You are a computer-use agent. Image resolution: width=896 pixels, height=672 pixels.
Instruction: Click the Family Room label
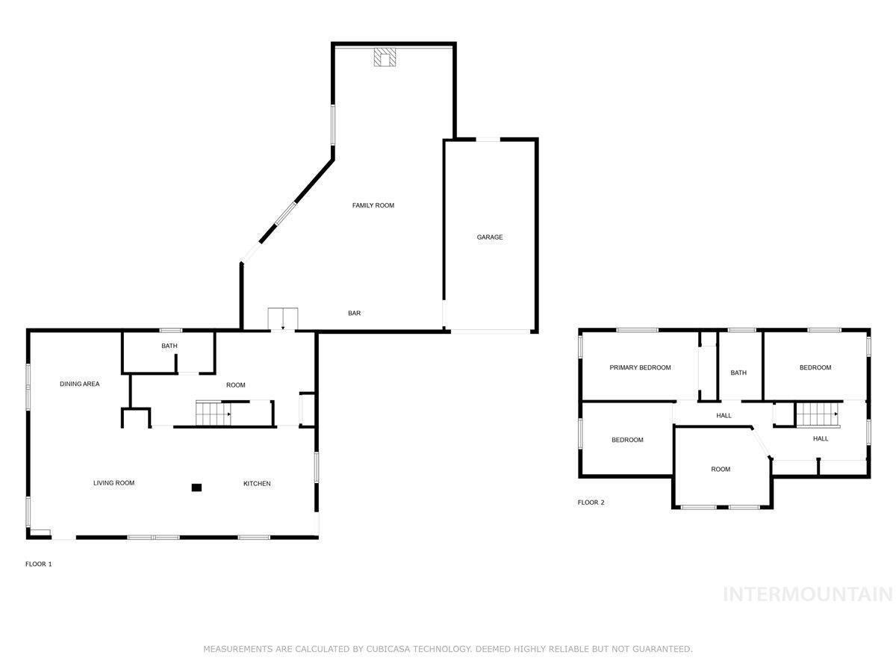373,205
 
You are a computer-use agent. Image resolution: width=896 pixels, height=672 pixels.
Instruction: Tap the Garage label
490,237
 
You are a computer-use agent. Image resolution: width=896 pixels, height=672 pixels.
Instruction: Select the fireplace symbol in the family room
386,58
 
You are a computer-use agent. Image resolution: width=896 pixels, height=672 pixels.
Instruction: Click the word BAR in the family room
355,314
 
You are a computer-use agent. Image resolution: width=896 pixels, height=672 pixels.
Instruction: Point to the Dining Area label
80,385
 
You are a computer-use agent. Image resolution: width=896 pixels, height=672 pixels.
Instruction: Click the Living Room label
113,483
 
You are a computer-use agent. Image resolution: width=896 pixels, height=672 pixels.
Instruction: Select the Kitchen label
257,484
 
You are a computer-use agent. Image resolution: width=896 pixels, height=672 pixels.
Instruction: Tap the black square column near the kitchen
196,488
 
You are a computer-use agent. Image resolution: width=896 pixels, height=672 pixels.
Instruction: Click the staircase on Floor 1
213,413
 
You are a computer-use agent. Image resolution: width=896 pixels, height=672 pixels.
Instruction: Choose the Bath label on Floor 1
169,346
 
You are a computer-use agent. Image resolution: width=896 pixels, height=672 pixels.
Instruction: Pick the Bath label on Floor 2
738,373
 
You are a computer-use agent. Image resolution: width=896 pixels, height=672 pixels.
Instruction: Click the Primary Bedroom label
640,367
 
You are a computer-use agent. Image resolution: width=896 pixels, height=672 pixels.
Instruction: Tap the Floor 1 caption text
39,564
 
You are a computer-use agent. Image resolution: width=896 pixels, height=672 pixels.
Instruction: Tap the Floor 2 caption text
591,503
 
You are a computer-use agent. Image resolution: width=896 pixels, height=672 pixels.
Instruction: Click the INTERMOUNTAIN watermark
808,594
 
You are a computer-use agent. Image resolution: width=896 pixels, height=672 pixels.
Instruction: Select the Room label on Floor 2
721,470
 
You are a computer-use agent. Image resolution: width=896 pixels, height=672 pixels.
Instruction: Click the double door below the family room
283,319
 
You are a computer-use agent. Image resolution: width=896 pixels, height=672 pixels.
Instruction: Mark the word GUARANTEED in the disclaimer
662,650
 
